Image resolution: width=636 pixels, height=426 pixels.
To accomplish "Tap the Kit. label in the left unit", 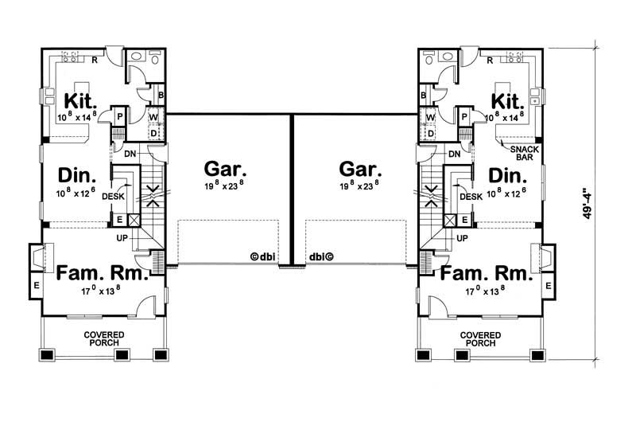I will pos(79,101).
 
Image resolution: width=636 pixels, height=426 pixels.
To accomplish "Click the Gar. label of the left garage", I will pos(226,169).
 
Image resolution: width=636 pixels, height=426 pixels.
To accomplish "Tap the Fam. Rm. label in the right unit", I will pos(486,275).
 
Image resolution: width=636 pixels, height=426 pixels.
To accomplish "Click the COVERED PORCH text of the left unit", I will pos(102,338).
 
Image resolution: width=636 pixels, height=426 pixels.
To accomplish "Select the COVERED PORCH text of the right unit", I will pos(480,338).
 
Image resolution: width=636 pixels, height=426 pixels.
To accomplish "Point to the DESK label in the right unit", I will pos(471,197).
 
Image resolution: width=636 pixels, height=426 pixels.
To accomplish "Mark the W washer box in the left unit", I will pos(153,116).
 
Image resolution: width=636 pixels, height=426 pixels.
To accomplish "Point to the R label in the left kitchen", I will pos(95,59).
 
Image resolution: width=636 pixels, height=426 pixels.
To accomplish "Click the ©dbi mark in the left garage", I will pos(262,257).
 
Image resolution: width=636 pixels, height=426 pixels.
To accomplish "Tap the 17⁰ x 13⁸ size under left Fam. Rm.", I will pos(100,291).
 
